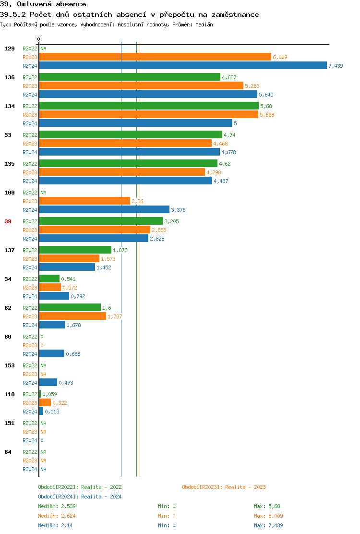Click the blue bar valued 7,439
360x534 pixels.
coord(182,66)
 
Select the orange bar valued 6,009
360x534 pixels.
coord(155,57)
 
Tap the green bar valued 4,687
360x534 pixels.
coord(129,77)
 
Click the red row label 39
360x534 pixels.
coord(8,221)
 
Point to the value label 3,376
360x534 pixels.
coord(178,210)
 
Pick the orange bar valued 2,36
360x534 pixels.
coord(84,201)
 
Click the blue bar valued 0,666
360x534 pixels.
coord(51,354)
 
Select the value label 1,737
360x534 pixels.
coord(115,316)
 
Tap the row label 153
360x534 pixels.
coord(10,365)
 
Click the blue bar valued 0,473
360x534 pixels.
coord(48,383)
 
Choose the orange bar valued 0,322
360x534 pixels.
coord(45,403)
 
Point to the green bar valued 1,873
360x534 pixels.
coord(75,250)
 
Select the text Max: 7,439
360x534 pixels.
coord(268,525)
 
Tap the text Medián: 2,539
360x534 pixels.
coord(57,506)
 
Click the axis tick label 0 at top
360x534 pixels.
coord(39,39)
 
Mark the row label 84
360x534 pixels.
coord(8,452)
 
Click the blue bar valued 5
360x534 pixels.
coord(135,123)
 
